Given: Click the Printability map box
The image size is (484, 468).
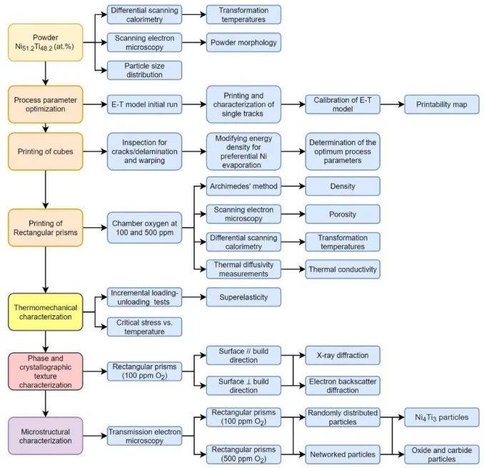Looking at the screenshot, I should [440, 104].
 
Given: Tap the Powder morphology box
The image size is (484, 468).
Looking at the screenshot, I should [243, 42].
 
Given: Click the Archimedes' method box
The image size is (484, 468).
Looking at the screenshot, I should [243, 186].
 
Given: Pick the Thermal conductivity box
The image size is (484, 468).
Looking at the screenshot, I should [342, 269].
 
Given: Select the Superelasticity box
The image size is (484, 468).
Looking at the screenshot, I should [243, 297].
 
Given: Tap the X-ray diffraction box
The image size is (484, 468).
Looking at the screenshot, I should [342, 354].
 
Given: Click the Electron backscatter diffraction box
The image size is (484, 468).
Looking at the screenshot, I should [342, 384].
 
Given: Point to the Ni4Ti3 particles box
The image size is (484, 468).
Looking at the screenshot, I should [440, 417].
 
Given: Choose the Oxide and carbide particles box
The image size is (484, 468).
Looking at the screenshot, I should [440, 452].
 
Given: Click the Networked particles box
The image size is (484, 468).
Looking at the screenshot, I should [342, 452].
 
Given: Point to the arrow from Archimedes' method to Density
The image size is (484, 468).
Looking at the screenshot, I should [293, 186].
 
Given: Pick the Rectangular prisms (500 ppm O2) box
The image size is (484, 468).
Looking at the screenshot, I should [243, 452].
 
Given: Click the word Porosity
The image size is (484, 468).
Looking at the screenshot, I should [342, 214].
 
